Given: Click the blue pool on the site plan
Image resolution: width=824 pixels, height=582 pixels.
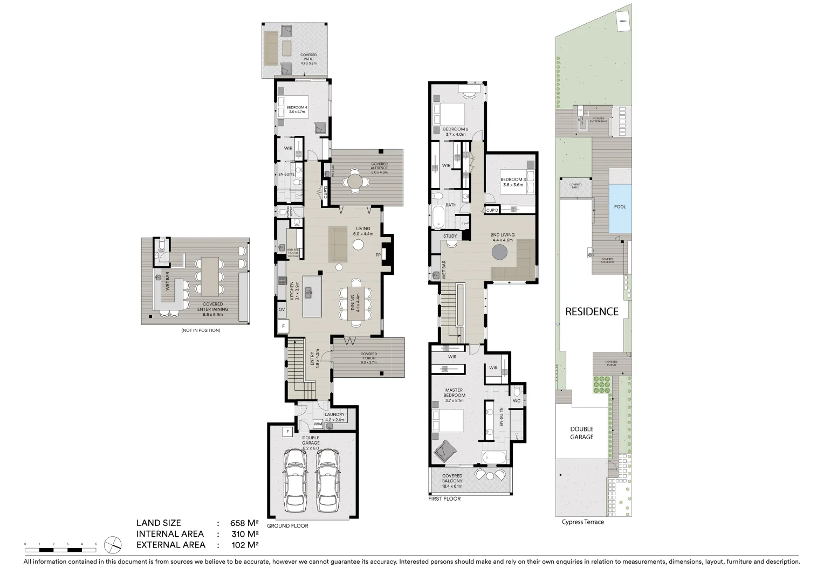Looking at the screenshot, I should (x=620, y=207).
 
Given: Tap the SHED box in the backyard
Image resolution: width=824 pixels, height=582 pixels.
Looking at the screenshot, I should (x=623, y=22).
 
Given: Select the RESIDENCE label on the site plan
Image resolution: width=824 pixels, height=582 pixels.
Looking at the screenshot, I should (x=592, y=311).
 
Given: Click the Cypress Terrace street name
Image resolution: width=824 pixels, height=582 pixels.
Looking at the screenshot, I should (x=582, y=522).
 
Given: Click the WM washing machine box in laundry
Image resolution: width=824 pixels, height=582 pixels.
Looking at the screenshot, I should (x=318, y=424).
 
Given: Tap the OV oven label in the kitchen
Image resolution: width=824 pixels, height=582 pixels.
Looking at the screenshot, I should (x=281, y=310).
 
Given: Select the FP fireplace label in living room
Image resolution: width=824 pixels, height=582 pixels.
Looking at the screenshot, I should (x=378, y=255).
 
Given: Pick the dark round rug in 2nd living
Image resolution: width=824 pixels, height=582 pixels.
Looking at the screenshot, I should (x=500, y=252).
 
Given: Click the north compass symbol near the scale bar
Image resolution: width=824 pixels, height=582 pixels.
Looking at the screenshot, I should (x=113, y=544).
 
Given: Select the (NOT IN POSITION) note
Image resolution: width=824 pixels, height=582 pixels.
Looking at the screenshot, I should (x=201, y=330).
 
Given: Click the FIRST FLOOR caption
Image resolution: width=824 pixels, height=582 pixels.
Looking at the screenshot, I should (x=444, y=499).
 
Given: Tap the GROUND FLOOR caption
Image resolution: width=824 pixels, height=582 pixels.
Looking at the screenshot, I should (x=287, y=525).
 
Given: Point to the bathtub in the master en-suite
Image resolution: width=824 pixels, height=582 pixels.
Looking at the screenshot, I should (x=495, y=458).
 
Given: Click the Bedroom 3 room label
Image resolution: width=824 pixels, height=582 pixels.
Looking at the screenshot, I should (x=512, y=182).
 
